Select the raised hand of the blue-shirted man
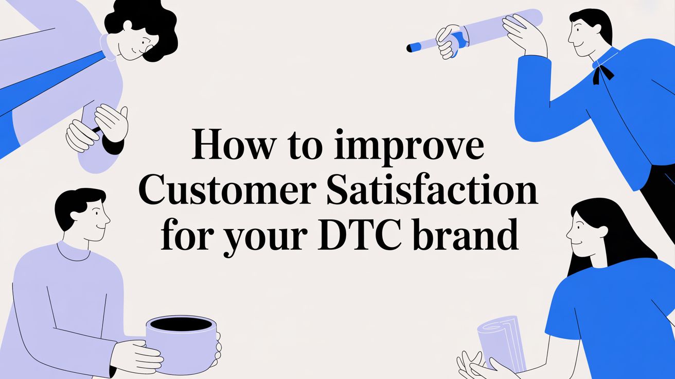pyautogui.click(x=522, y=33)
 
